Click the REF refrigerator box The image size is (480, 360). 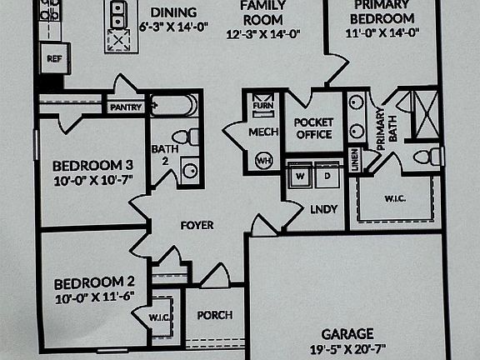coord(55,58)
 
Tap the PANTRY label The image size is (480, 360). coord(126,107)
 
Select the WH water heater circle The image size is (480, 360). coord(264,160)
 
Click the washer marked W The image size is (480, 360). coord(300,176)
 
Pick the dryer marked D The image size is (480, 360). coord(327,176)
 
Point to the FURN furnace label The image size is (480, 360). coord(263,106)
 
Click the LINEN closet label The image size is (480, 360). coord(355,159)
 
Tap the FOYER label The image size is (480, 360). coord(197,226)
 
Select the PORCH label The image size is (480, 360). coord(215,315)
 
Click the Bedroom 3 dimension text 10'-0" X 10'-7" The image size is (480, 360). coord(93,180)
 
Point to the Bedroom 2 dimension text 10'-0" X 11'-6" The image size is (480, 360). coord(95,297)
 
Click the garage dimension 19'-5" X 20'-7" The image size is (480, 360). coord(348,348)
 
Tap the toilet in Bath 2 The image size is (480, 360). coord(186,137)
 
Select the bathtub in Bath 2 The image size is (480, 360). coord(174,105)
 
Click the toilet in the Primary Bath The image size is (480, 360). coord(428,156)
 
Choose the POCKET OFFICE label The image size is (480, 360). coord(313,128)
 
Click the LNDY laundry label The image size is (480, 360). coord(324,209)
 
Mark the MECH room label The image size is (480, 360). coord(263,132)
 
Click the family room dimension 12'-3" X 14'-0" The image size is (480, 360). coord(263,34)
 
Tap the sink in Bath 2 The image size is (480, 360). coord(190,170)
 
